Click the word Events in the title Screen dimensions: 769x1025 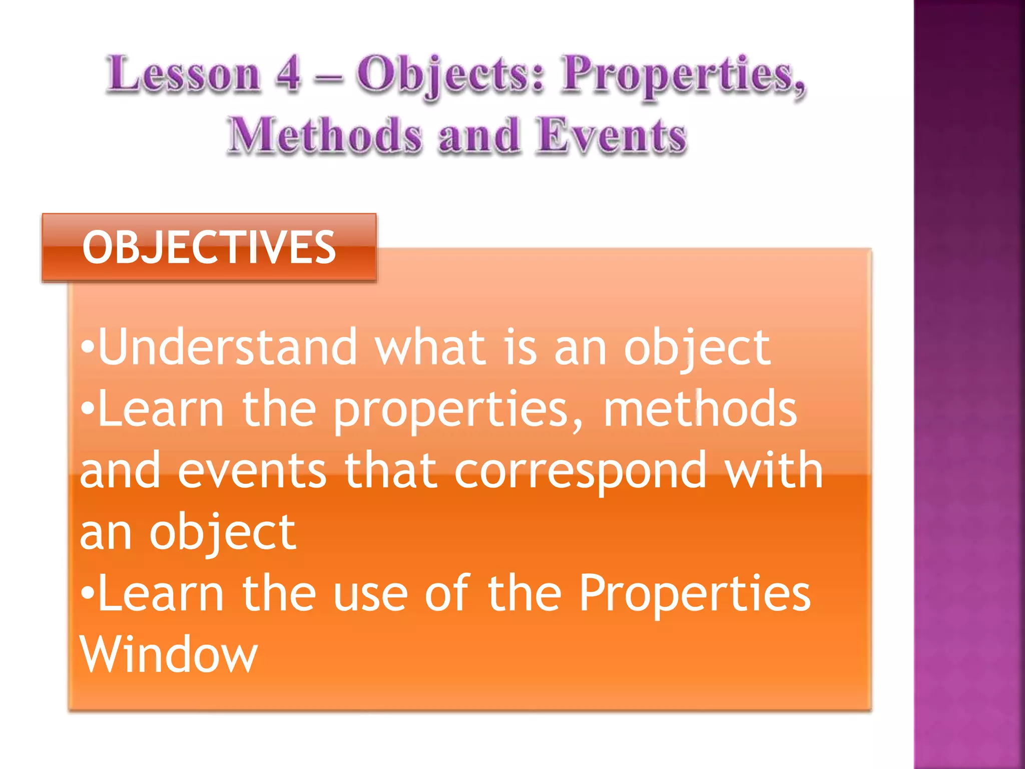[x=612, y=135]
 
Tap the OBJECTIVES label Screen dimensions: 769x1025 [x=209, y=247]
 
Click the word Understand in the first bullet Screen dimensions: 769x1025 [x=228, y=347]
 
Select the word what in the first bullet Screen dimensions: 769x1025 [x=430, y=347]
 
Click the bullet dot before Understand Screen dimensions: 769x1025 [x=88, y=347]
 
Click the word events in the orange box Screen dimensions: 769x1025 [x=252, y=471]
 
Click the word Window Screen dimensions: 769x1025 [x=168, y=655]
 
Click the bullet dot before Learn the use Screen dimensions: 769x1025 [x=88, y=593]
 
